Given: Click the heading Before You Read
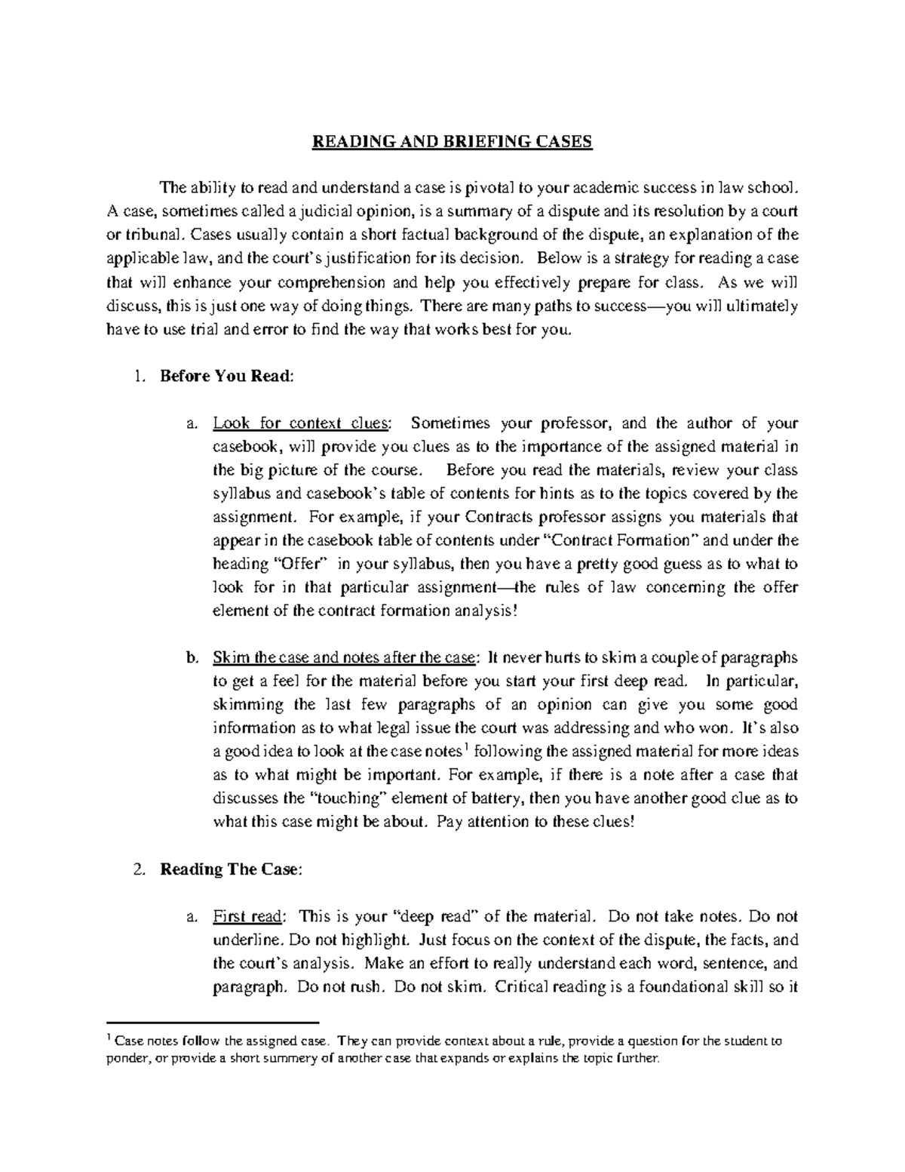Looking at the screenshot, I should [x=225, y=376].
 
